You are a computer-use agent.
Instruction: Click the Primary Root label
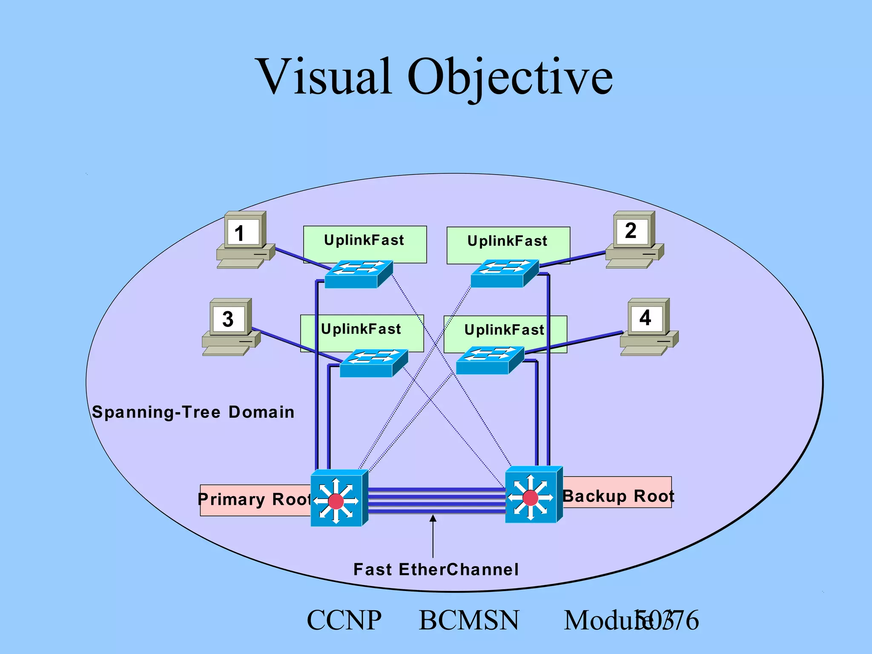(x=255, y=499)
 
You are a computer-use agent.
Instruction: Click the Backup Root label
(x=618, y=496)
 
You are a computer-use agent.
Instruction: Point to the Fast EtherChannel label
(x=436, y=569)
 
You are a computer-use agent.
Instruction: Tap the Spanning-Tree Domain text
(x=193, y=412)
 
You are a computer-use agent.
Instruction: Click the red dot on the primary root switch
(x=336, y=501)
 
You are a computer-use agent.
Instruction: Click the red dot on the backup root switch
(x=530, y=497)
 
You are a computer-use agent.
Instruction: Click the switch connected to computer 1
(x=358, y=274)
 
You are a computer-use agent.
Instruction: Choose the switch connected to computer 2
(x=504, y=273)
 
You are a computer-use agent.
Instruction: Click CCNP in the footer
(x=344, y=620)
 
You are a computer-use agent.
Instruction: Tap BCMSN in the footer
(x=469, y=620)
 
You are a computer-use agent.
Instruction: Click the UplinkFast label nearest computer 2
(x=508, y=241)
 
